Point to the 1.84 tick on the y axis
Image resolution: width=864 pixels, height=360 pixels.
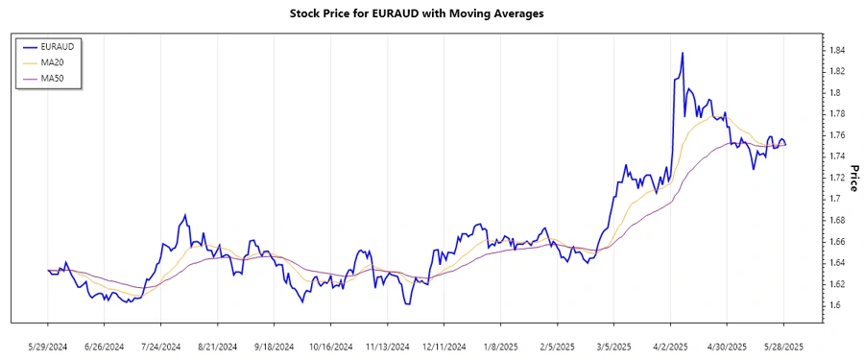(x=836, y=50)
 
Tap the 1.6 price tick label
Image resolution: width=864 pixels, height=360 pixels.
(x=833, y=305)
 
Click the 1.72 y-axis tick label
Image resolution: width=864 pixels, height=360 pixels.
(x=836, y=178)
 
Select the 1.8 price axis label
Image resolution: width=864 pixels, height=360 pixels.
(x=833, y=93)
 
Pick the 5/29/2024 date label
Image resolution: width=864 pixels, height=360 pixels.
(x=48, y=346)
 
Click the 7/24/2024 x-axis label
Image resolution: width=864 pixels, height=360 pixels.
(x=161, y=346)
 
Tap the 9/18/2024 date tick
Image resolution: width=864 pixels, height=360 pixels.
(x=275, y=346)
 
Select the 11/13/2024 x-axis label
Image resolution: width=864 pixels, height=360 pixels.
(x=388, y=346)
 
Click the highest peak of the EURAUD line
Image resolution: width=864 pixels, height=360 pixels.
(x=682, y=53)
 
